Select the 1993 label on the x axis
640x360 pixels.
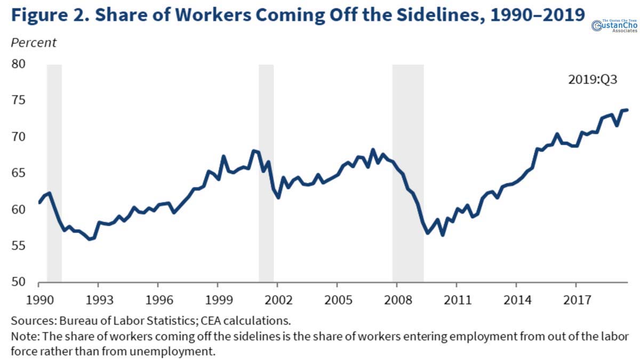98,299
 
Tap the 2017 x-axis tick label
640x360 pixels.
577,299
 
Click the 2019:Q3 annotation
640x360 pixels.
593,81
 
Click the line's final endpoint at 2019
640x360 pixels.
627,110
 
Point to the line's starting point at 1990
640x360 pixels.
39,203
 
